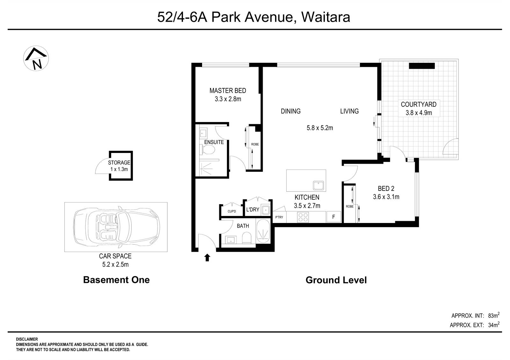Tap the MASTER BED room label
[228, 91]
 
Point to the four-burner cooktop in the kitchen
[303, 217]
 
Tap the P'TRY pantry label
[279, 217]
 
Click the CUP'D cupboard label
[232, 212]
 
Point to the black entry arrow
[207, 257]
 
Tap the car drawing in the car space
[116, 227]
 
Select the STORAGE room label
[119, 163]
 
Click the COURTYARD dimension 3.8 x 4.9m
[419, 113]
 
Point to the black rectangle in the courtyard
[422, 66]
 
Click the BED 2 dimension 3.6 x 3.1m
[386, 197]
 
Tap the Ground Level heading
[336, 280]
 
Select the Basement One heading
[116, 280]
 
